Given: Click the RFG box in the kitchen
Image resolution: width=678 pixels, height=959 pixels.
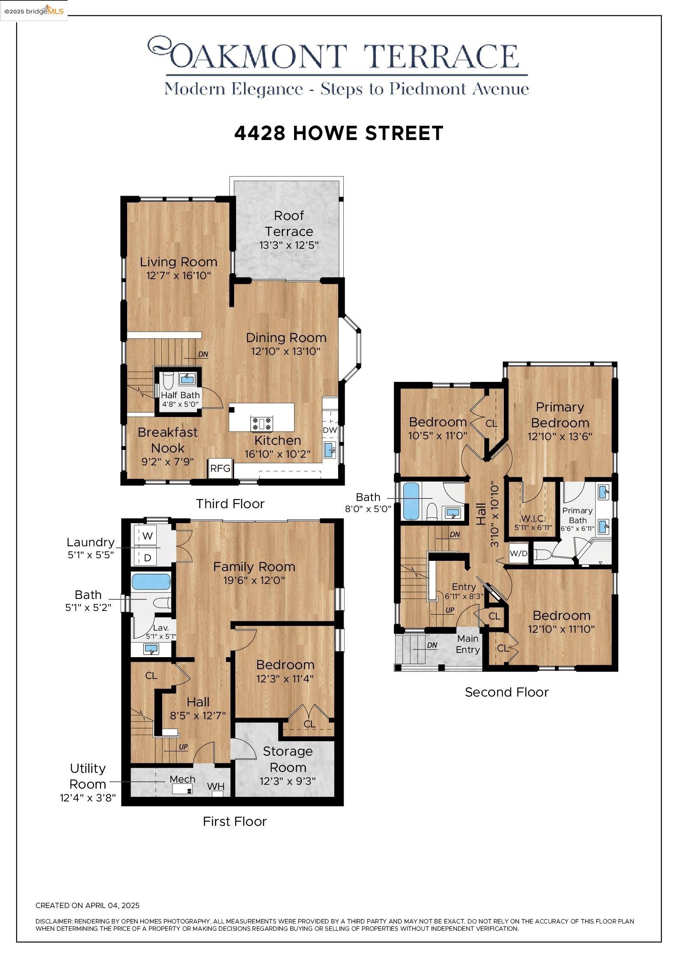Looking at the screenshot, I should [220, 468].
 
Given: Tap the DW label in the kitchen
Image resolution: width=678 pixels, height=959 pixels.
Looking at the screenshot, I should [330, 430].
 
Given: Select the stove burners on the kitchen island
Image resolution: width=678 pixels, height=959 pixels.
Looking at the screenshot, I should [262, 424].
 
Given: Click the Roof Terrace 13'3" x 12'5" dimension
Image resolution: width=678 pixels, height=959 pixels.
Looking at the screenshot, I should [289, 245].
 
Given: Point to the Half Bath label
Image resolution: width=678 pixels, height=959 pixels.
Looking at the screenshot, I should [180, 395].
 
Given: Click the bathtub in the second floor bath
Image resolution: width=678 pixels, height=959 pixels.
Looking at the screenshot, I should [411, 501].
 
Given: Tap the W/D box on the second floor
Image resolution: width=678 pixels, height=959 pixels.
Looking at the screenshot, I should [518, 553].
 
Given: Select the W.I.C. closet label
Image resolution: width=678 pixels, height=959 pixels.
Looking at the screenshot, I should [533, 518].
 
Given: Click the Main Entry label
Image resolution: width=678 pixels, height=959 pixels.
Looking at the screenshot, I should [467, 644].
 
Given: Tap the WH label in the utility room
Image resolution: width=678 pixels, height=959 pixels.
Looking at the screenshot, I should [216, 786].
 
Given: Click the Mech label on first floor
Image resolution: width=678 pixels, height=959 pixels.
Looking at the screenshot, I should [182, 779].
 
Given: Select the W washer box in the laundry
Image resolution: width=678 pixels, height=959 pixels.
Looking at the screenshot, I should [147, 536].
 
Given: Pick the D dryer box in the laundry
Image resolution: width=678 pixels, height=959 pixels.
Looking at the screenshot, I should [147, 558].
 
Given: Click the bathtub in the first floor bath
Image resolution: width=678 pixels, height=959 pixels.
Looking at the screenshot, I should [151, 582].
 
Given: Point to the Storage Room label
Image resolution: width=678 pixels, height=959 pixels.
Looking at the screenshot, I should [288, 759].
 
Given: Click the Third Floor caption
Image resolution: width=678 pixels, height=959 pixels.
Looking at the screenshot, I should [230, 503].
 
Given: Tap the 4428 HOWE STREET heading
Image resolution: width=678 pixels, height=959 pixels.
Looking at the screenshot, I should [339, 133].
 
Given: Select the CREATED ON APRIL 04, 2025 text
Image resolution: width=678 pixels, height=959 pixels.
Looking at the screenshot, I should [87, 905].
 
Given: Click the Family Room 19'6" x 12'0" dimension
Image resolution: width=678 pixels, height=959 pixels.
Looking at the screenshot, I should [254, 581].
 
